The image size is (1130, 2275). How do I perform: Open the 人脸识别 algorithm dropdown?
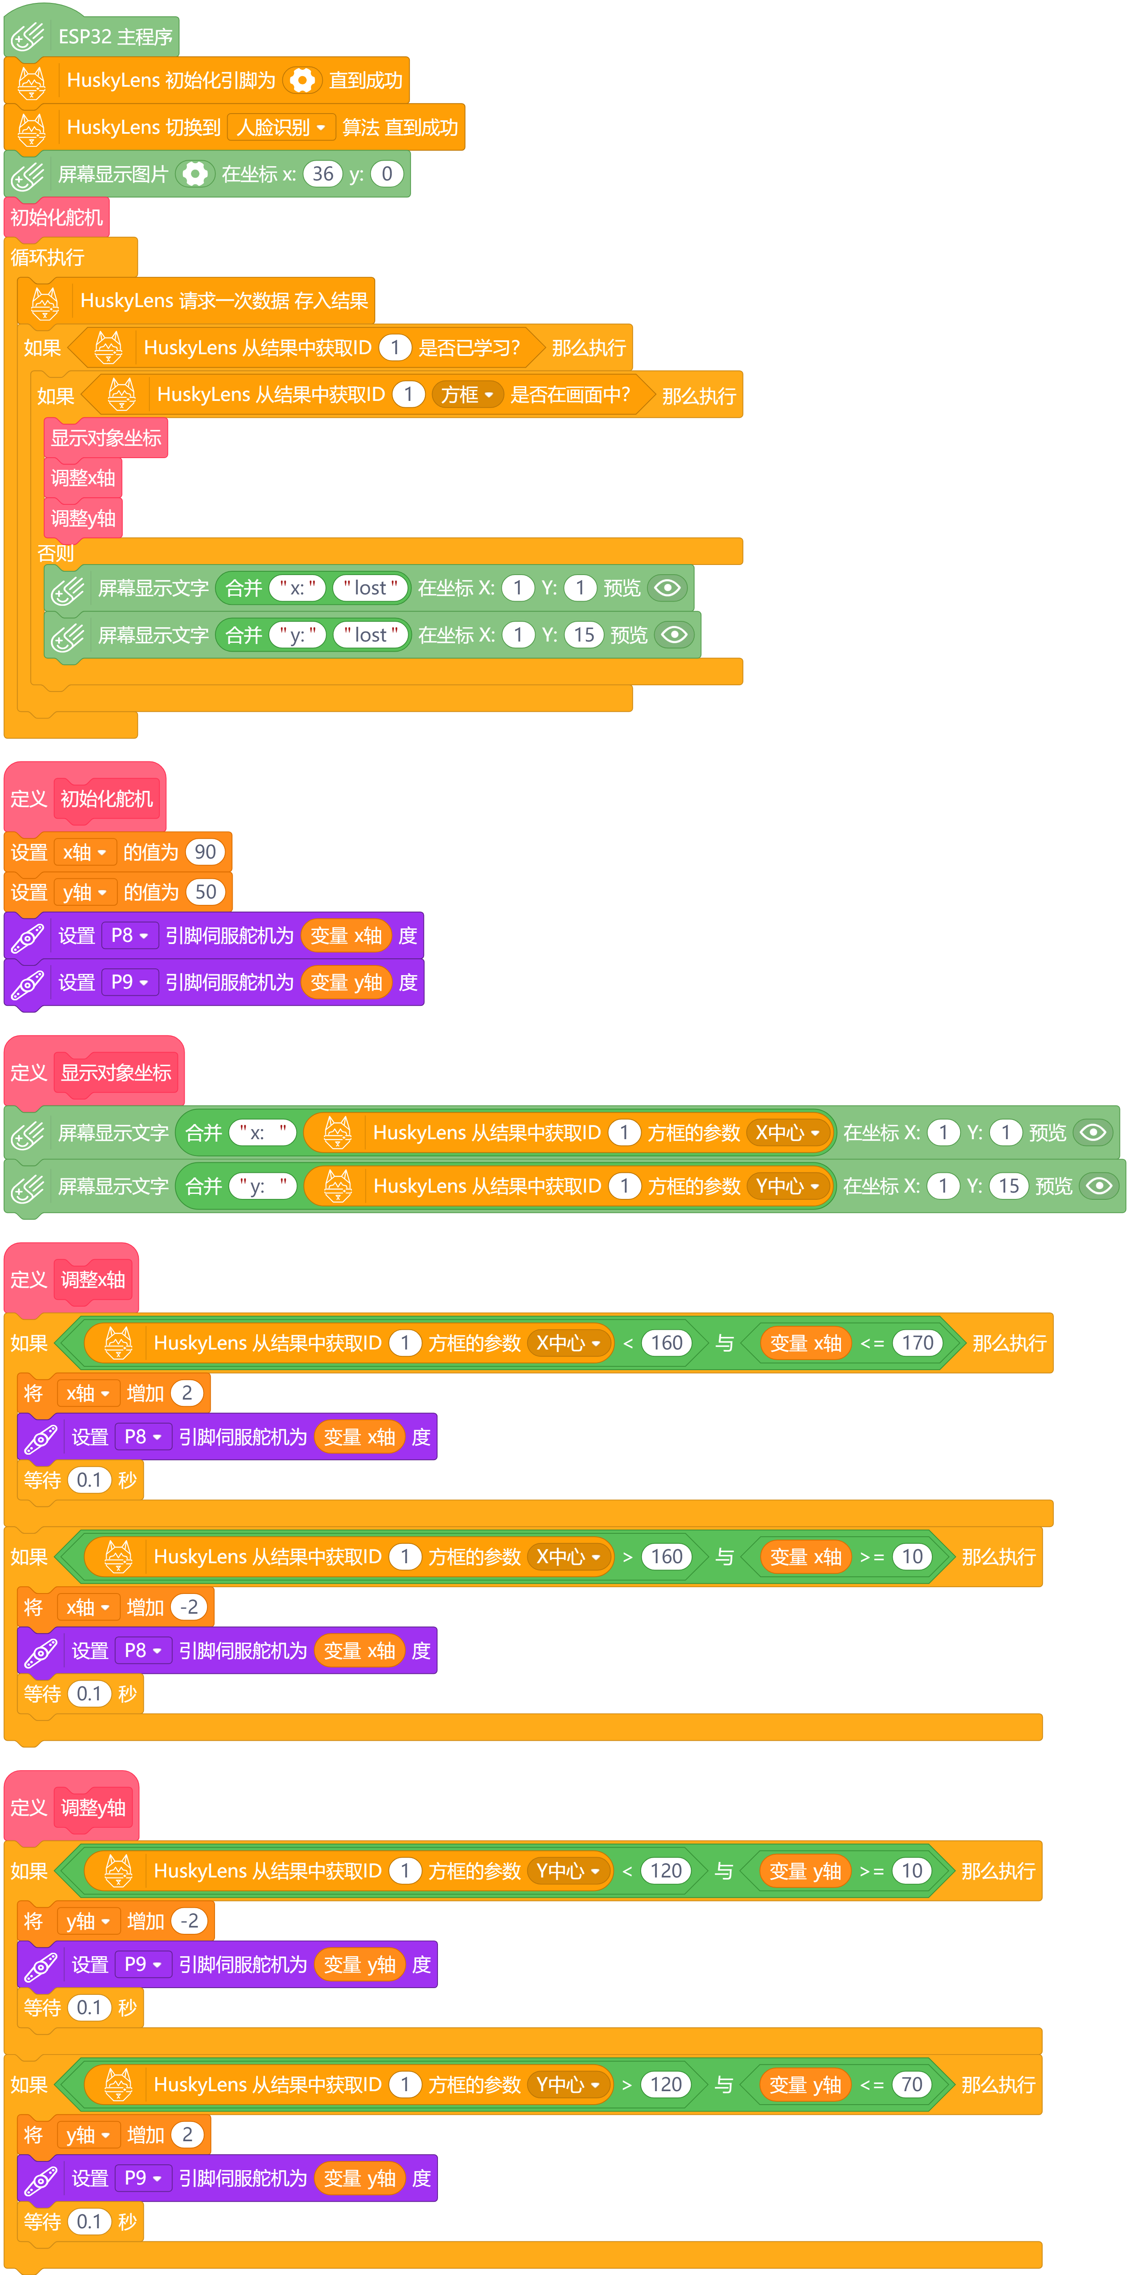point(281,127)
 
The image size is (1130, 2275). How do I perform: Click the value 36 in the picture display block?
point(323,174)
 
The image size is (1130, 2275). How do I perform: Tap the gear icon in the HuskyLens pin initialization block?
point(302,80)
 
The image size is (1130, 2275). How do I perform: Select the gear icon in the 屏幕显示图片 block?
point(194,174)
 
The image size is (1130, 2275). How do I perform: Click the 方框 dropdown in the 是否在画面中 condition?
point(467,395)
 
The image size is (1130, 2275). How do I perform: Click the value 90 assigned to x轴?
point(205,852)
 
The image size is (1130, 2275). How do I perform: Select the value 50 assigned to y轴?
point(205,892)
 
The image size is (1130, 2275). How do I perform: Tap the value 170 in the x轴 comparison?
point(917,1343)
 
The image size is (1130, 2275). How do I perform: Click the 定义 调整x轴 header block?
point(71,1280)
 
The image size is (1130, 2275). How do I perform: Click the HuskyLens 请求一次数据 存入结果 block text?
point(223,301)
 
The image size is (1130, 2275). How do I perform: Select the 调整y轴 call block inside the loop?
point(83,518)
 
